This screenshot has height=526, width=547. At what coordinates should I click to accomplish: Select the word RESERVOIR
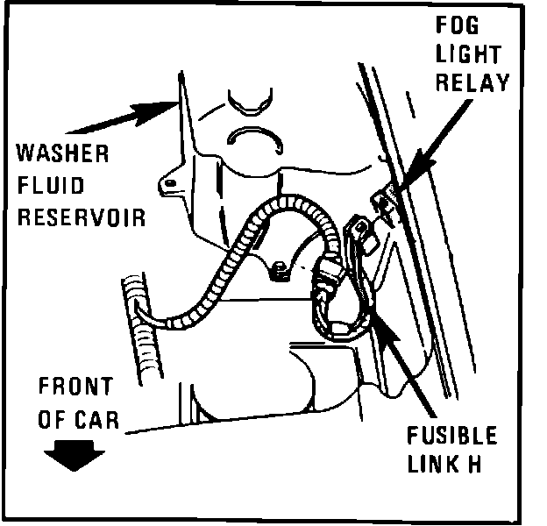point(82,217)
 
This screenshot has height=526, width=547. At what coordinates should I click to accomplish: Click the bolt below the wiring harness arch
point(280,274)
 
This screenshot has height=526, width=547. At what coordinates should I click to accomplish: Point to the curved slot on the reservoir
point(254,136)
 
